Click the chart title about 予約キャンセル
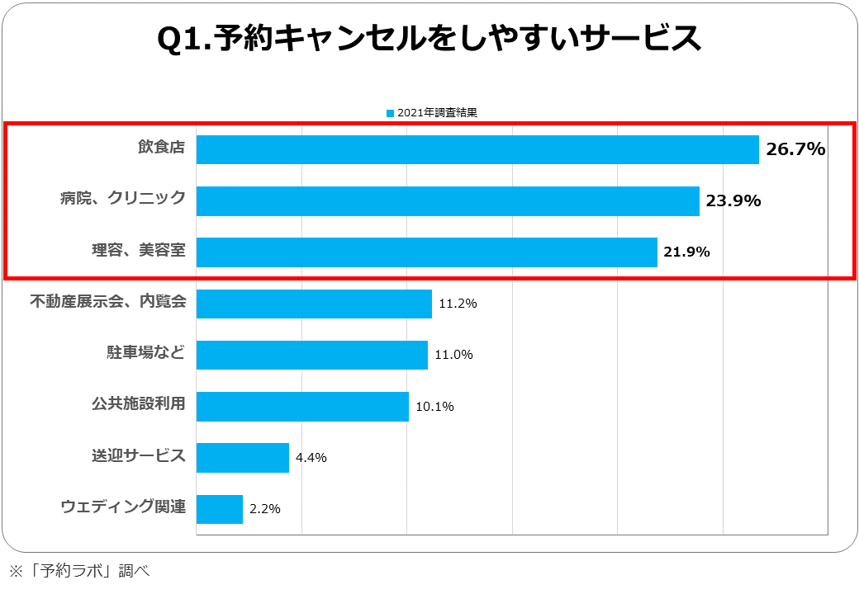[429, 39]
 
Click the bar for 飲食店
[477, 149]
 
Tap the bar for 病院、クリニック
[448, 200]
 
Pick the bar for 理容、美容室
[426, 252]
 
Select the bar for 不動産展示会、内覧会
[314, 304]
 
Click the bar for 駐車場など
[311, 355]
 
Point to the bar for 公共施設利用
[302, 407]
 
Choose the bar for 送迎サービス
[243, 458]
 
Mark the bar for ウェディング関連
[220, 509]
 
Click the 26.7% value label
[795, 149]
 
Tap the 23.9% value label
[733, 200]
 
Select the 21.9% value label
[687, 252]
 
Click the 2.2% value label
[265, 509]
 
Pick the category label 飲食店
[161, 148]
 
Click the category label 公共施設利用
[138, 405]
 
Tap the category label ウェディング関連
[123, 507]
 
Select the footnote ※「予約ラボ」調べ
[78, 570]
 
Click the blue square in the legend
[391, 113]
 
